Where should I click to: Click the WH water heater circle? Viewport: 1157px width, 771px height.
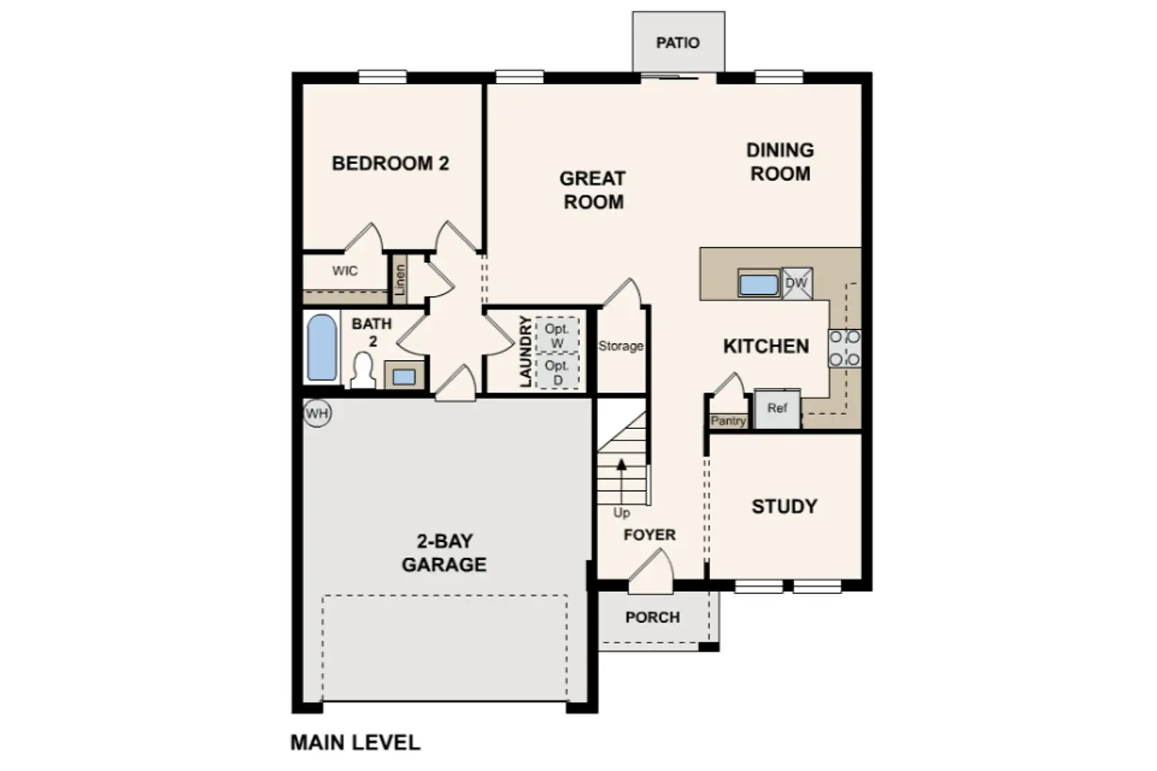(317, 413)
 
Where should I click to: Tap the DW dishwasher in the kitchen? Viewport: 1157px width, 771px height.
(797, 283)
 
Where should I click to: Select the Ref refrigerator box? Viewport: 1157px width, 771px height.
(777, 408)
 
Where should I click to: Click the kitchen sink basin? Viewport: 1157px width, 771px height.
(758, 285)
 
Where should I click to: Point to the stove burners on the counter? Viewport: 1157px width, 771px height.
(844, 348)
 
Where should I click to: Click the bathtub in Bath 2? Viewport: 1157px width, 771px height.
(322, 347)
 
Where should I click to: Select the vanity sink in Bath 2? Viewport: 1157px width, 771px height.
(404, 376)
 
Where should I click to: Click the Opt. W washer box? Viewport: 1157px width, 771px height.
(557, 335)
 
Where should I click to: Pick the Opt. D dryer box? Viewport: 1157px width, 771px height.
(557, 372)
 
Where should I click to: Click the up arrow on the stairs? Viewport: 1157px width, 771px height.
(621, 480)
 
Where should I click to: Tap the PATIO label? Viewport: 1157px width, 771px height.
(678, 43)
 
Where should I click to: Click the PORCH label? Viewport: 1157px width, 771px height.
(652, 617)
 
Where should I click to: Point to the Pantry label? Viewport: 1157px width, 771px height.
(728, 421)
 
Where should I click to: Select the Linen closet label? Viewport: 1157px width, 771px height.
(400, 280)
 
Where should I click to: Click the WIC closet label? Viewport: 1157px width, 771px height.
(344, 271)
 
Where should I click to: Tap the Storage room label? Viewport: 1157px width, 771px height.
(621, 346)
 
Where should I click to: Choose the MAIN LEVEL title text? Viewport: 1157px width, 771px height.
(356, 742)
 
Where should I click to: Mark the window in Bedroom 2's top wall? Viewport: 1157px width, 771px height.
(382, 77)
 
